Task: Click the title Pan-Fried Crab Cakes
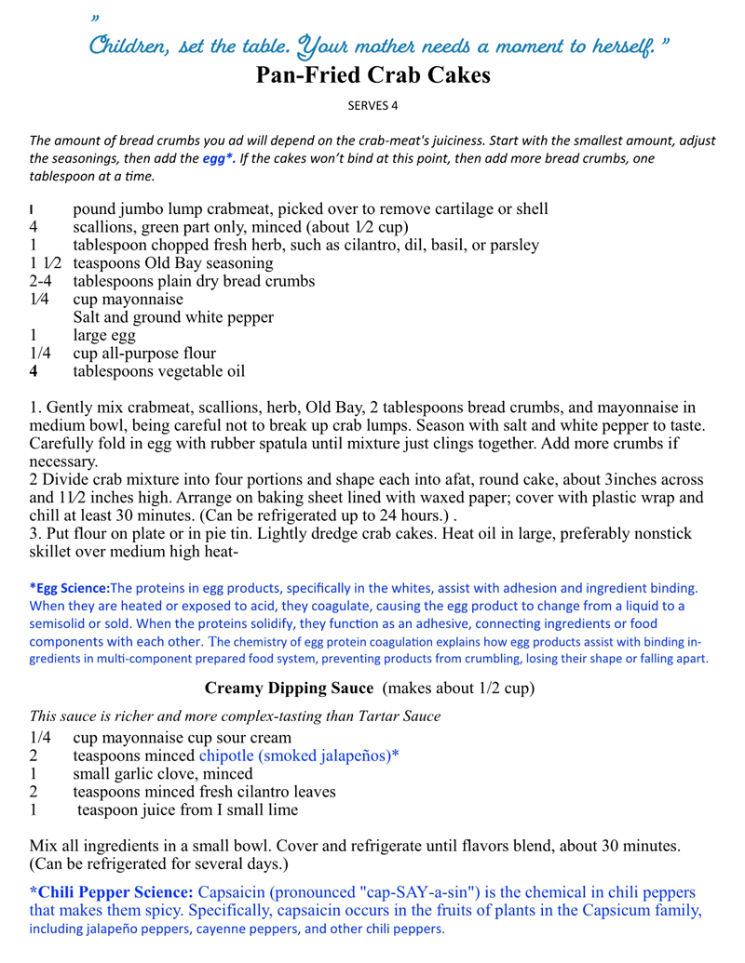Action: point(372,76)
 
